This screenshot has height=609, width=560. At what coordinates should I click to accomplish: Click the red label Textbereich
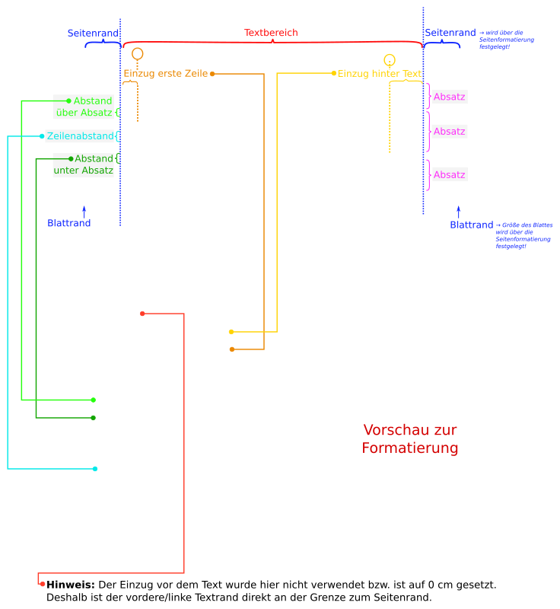pyautogui.click(x=271, y=33)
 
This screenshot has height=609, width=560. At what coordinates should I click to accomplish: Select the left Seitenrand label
pyautogui.click(x=93, y=33)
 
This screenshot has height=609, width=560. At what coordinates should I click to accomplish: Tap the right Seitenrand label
pyautogui.click(x=450, y=33)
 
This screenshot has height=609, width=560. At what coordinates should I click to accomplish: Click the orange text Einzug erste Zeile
pyautogui.click(x=165, y=73)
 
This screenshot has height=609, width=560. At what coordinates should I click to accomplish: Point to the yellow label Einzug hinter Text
pyautogui.click(x=379, y=73)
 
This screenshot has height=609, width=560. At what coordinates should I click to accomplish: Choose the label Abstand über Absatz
pyautogui.click(x=84, y=107)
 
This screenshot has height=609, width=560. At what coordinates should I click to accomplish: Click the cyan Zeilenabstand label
pyautogui.click(x=80, y=136)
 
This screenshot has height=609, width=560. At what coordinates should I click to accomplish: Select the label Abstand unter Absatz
pyautogui.click(x=84, y=164)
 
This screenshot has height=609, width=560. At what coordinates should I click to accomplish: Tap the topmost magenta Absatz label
pyautogui.click(x=449, y=97)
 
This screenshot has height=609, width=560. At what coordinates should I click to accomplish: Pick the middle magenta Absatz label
pyautogui.click(x=449, y=131)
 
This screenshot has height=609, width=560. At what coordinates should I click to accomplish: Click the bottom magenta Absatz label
pyautogui.click(x=449, y=174)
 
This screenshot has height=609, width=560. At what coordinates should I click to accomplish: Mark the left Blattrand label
pyautogui.click(x=68, y=223)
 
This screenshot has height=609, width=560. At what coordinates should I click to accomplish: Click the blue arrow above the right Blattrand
pyautogui.click(x=458, y=211)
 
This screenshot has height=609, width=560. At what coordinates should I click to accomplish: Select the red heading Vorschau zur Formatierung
pyautogui.click(x=410, y=439)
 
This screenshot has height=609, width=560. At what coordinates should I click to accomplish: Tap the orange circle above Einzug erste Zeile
pyautogui.click(x=137, y=53)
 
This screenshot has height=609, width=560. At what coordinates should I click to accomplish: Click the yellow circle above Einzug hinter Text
pyautogui.click(x=390, y=59)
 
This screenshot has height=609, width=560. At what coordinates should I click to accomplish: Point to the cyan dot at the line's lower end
pyautogui.click(x=94, y=469)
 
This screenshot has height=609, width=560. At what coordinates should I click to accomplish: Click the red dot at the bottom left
pyautogui.click(x=43, y=584)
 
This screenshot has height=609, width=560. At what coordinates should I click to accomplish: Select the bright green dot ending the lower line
pyautogui.click(x=93, y=400)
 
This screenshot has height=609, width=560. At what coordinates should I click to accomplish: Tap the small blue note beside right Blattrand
pyautogui.click(x=523, y=236)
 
